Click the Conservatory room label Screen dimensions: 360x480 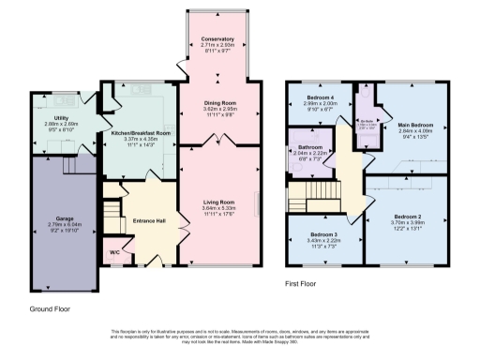click(217, 38)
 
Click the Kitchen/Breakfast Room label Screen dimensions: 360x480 click(142, 133)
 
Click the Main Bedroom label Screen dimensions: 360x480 click(413, 124)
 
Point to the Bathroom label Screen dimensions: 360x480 click(310, 147)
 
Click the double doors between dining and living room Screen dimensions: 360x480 click(217, 140)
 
